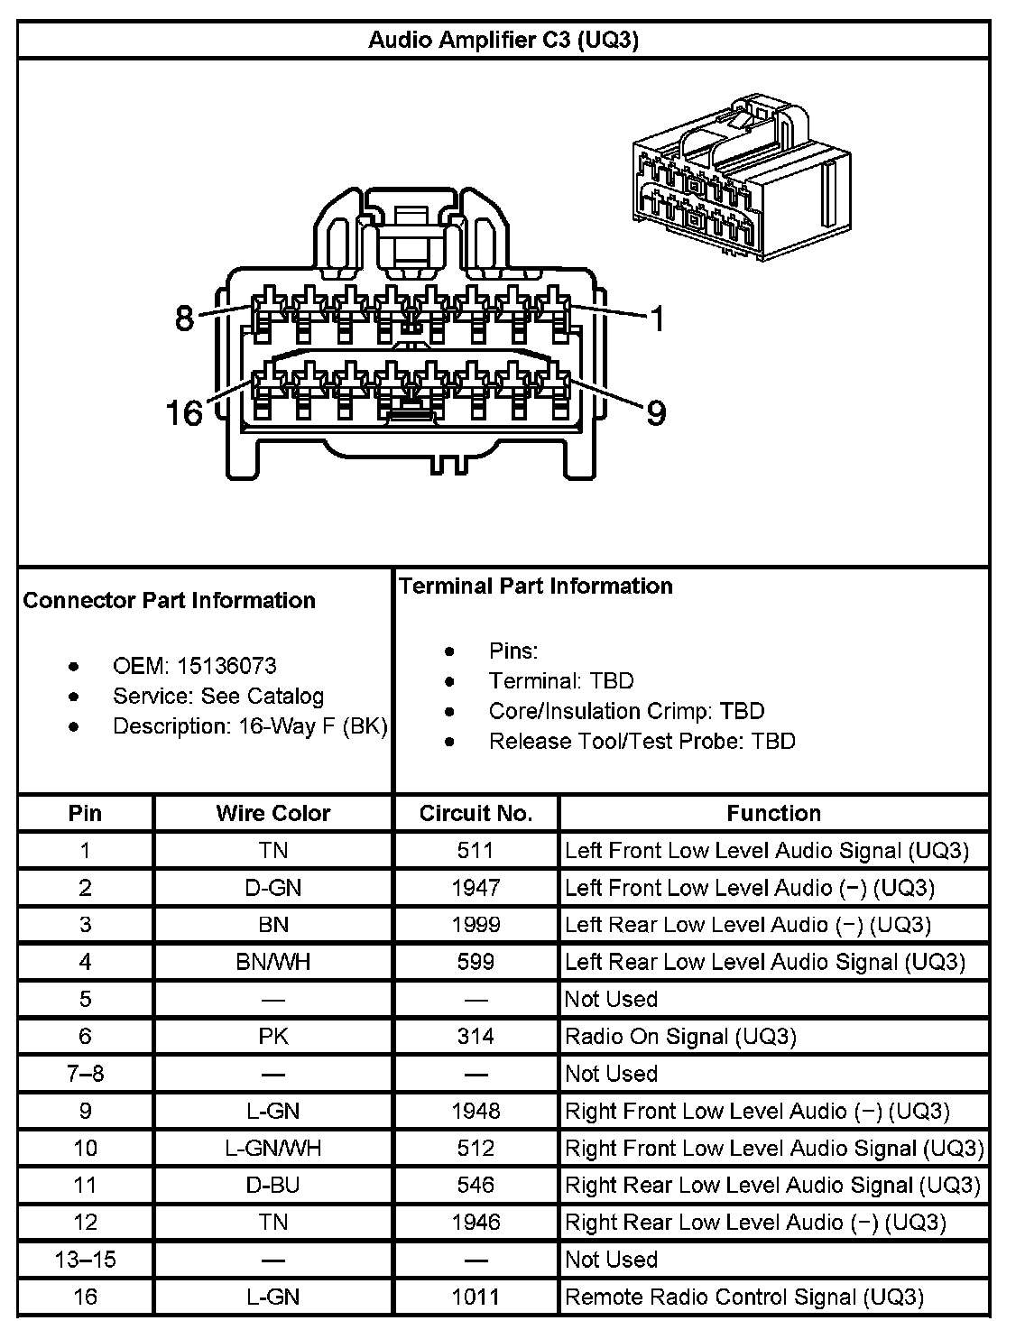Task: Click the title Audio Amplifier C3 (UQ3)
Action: point(503,41)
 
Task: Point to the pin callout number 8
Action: point(184,318)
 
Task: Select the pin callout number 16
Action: point(184,413)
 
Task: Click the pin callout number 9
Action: point(656,413)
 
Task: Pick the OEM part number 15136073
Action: point(226,666)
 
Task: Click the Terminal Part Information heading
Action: point(536,586)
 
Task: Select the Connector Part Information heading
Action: point(169,600)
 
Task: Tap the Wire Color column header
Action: point(272,813)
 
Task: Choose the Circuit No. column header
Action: point(476,813)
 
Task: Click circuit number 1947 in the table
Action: point(476,888)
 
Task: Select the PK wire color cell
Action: point(272,1037)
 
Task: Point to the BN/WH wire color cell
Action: point(272,962)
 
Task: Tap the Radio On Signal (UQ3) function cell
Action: point(680,1037)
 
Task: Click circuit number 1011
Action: point(476,1297)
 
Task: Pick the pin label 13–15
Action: point(86,1260)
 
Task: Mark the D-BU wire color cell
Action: point(272,1185)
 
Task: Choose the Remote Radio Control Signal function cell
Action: point(744,1297)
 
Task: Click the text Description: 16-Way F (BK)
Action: point(250,726)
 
